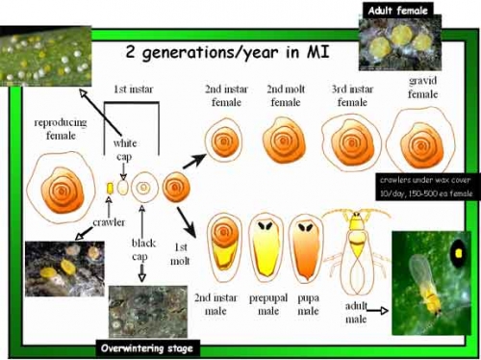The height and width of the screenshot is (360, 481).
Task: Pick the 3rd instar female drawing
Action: (353, 144)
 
